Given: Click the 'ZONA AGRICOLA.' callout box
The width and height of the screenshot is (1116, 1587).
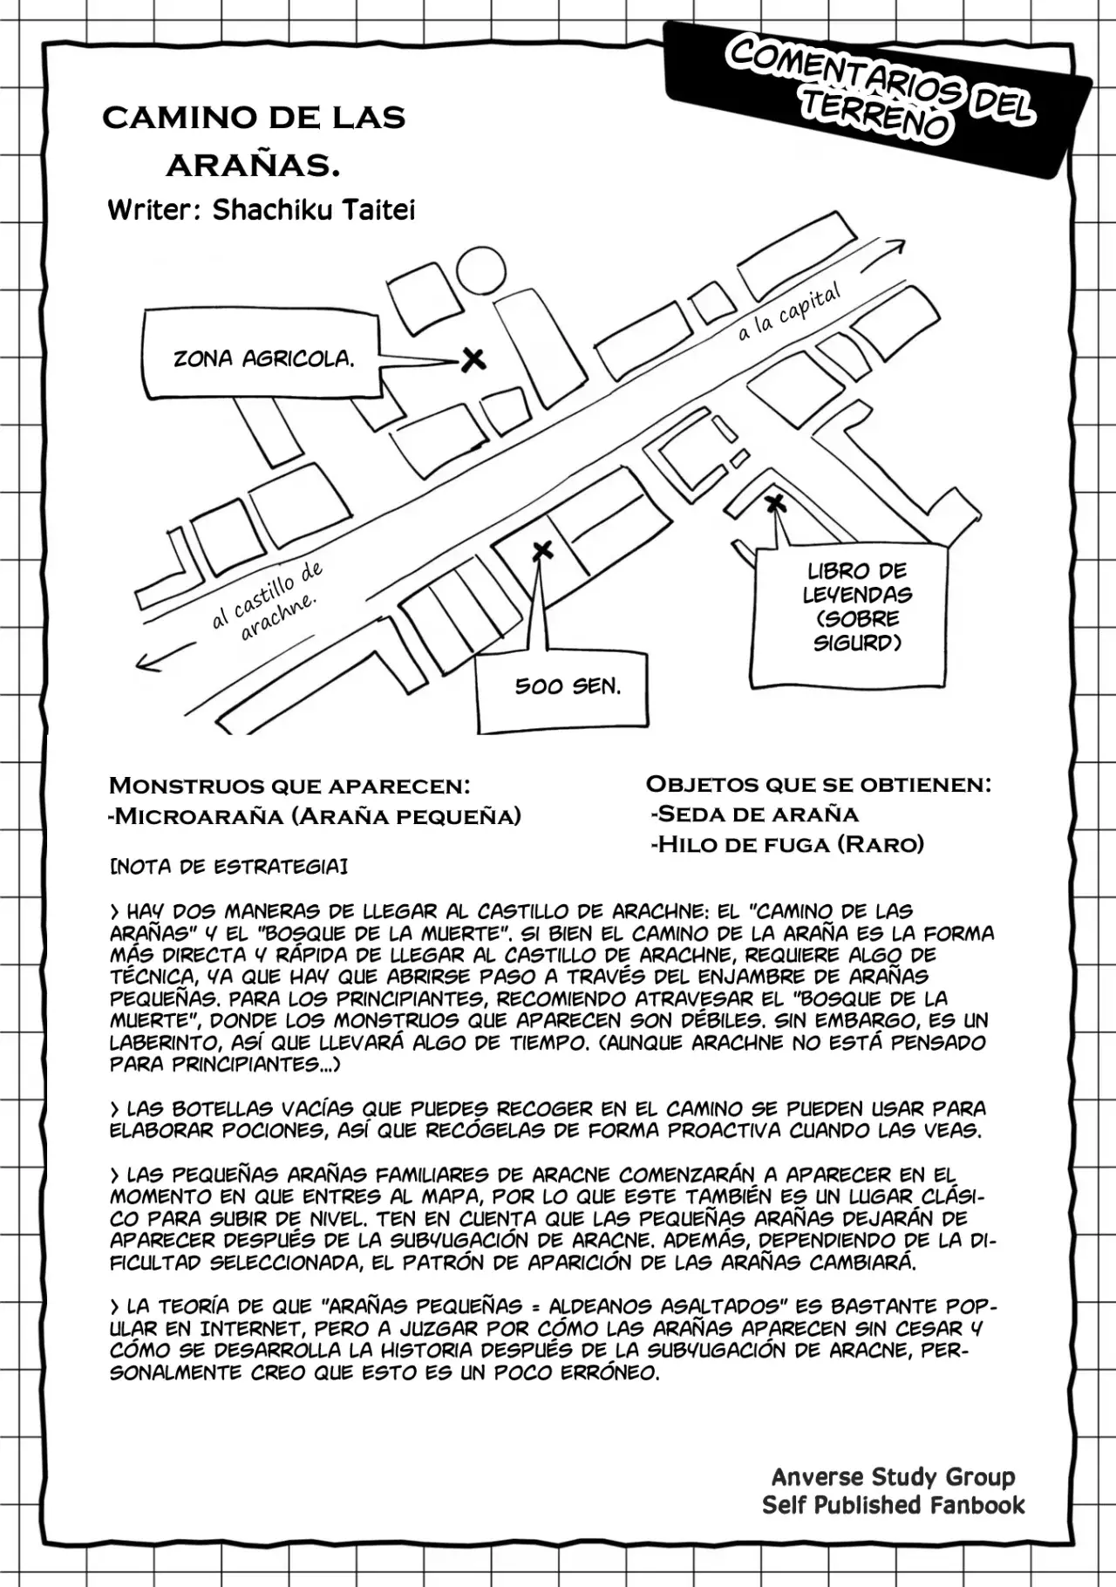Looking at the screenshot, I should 262,358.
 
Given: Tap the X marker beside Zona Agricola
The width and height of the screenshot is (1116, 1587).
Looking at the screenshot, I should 473,358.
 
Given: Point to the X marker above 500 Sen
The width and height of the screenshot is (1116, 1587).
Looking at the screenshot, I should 542,550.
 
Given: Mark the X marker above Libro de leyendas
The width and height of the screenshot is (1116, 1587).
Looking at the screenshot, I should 774,503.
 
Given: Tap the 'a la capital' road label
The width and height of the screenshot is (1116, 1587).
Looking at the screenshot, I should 789,312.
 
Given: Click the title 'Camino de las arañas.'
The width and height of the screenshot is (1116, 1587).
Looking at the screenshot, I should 254,140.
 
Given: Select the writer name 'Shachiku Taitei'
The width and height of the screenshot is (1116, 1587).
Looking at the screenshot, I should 314,209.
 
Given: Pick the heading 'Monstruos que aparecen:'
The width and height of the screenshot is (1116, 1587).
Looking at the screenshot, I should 289,785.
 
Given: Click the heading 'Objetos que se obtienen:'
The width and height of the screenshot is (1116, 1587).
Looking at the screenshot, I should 818,783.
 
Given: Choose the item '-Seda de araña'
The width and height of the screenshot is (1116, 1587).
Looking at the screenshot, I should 755,814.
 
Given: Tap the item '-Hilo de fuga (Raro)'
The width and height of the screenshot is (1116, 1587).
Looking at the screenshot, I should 786,843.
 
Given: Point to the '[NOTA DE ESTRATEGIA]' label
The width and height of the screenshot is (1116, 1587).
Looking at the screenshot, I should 228,867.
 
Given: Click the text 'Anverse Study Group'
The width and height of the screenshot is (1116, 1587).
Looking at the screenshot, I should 893,1476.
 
